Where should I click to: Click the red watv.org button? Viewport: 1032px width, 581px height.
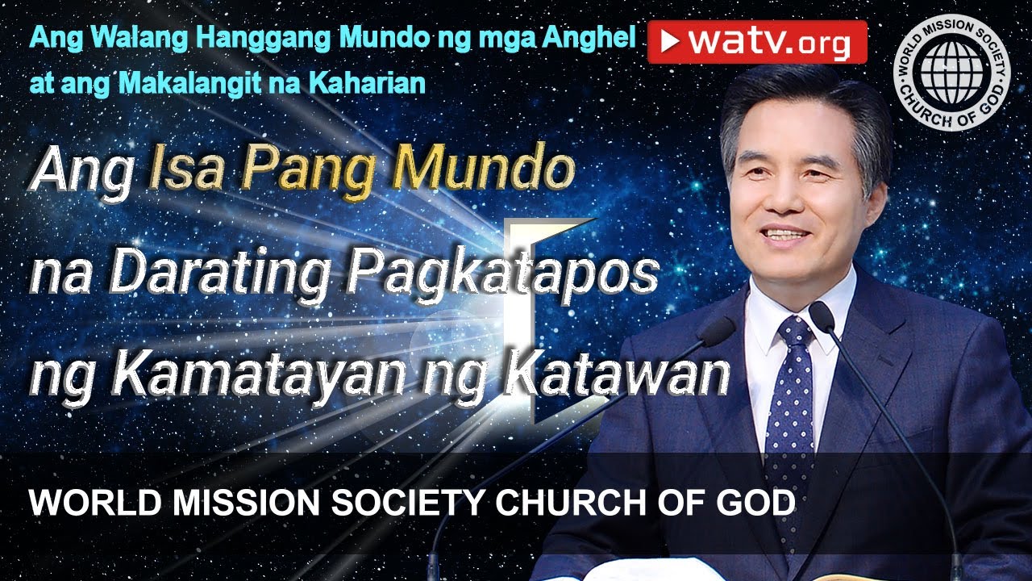[x=757, y=42]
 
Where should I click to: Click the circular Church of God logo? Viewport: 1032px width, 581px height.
[x=951, y=71]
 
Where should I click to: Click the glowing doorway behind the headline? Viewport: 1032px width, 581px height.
[x=532, y=323]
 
